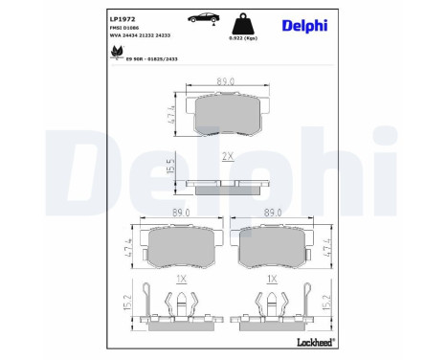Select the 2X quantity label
(x=228, y=155)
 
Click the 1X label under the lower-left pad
(x=181, y=279)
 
